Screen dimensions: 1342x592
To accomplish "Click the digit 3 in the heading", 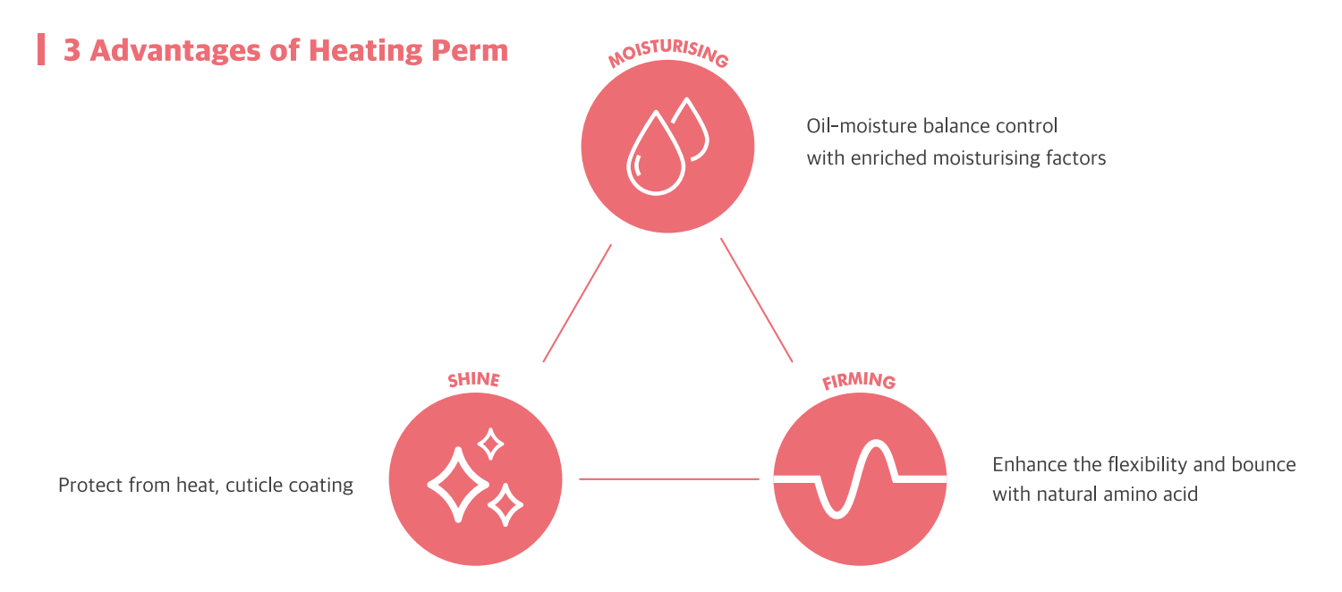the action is (72, 51).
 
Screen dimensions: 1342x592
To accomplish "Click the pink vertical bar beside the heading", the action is (41, 49).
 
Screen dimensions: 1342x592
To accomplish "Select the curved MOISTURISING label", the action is (668, 54).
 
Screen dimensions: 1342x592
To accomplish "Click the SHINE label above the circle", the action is (474, 379).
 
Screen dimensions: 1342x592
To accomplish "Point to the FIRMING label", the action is (859, 381).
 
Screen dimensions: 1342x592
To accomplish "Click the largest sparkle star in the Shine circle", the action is (458, 485).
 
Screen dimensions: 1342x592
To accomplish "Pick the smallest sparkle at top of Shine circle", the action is (490, 444).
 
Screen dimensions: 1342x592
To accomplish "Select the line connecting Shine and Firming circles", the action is (669, 478).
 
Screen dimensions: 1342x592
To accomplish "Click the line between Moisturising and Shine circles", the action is (577, 303).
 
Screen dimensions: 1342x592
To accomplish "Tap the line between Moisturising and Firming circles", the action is (757, 300).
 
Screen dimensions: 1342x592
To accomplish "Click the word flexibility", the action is (1147, 465).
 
